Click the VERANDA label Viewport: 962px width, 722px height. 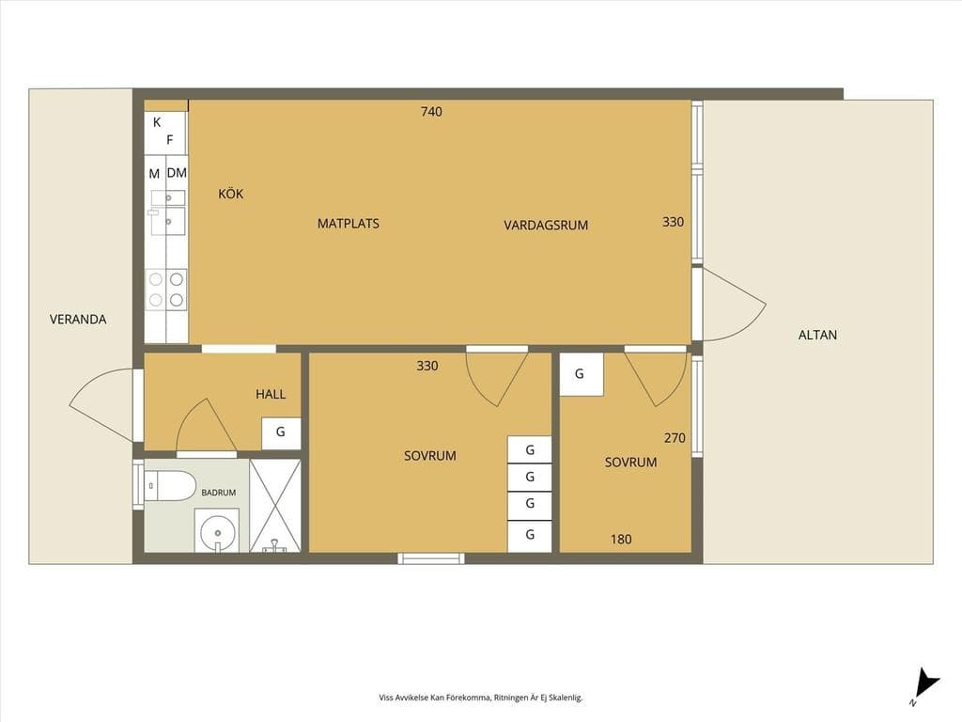(x=78, y=320)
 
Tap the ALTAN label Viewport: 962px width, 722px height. (x=817, y=336)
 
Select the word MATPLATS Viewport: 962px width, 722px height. (x=348, y=224)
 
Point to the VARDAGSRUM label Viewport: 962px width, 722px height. (x=546, y=226)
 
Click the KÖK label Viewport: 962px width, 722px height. (x=231, y=194)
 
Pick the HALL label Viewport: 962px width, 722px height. (x=271, y=394)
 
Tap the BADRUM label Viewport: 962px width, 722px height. (x=218, y=493)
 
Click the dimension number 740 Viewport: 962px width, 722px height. (x=431, y=112)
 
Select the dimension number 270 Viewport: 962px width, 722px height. (x=675, y=438)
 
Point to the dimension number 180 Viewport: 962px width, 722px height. (x=621, y=539)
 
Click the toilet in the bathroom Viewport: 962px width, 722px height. (x=170, y=486)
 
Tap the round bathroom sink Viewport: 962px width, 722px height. (x=217, y=530)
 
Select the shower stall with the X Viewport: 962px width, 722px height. (x=275, y=505)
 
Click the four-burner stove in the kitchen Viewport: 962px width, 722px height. (x=166, y=290)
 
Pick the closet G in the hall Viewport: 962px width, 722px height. (x=281, y=432)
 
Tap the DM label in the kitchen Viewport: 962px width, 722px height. (x=177, y=173)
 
